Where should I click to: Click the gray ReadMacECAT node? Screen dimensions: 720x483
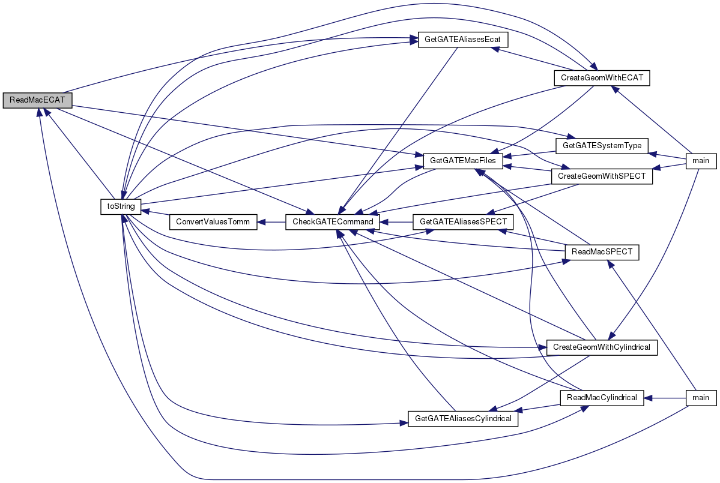(37, 100)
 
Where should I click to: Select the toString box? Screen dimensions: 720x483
(121, 206)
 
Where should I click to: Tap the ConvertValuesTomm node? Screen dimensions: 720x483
(213, 222)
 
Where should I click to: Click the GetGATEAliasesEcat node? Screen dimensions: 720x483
(463, 40)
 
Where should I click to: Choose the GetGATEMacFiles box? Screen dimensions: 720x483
(463, 161)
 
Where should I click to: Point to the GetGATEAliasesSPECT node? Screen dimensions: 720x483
(463, 222)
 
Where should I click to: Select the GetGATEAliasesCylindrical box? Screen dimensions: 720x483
(463, 419)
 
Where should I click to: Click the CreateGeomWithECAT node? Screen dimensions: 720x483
(602, 78)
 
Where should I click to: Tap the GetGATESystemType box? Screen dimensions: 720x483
(602, 146)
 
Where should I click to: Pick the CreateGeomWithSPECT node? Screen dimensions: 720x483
(602, 176)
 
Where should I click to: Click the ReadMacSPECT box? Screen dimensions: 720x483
(602, 252)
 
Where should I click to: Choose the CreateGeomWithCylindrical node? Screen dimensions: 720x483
(602, 347)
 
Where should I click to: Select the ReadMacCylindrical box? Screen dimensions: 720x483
(602, 398)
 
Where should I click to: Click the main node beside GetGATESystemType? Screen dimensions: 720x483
(701, 161)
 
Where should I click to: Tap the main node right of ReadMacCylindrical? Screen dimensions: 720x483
(701, 398)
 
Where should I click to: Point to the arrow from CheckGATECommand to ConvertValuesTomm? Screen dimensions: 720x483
(271, 222)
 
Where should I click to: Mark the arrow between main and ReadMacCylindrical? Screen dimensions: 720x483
(665, 398)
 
